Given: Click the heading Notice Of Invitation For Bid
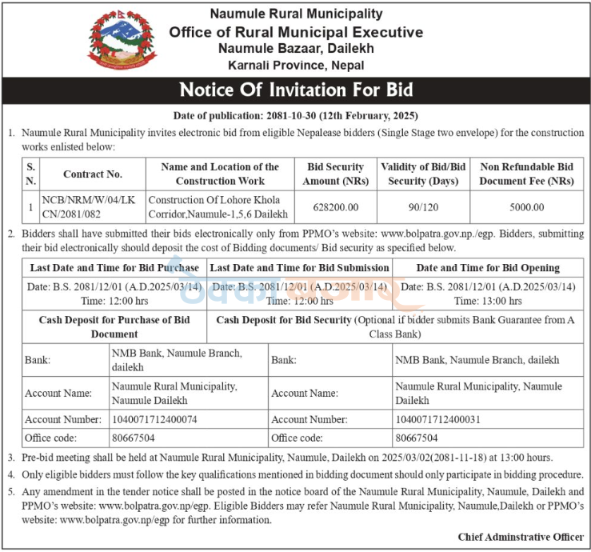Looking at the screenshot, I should coord(295,89).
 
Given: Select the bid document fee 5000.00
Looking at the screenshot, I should coord(526,206).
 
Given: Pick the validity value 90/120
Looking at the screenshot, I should coord(423,206).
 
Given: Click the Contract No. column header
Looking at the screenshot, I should coord(93,174).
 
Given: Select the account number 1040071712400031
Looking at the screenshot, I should coord(438,419).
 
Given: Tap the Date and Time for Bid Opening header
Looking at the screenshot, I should coord(488,267).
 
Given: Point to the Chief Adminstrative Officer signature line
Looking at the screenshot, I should coord(520,537).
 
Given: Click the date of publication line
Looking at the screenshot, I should coord(295,116).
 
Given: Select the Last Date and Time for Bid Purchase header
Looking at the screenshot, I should coord(114,267).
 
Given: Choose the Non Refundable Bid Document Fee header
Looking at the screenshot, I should coord(526,174).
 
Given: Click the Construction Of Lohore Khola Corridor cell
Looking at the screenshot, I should coord(215,206).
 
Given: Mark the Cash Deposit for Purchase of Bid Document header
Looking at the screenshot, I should coord(114,326).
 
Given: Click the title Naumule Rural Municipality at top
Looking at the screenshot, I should coord(295,14).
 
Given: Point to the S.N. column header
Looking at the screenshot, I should coord(31,174).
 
